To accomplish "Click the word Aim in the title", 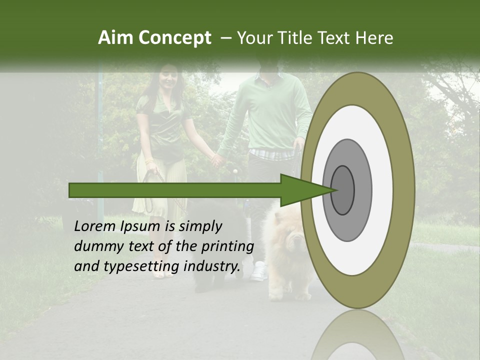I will pos(116,38).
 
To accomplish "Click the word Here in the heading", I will pos(375,38).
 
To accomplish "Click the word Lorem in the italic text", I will pos(95,226).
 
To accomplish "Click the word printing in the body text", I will pos(227,246).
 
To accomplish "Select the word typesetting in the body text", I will pos(142,266).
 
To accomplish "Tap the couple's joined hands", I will pos(218,159).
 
